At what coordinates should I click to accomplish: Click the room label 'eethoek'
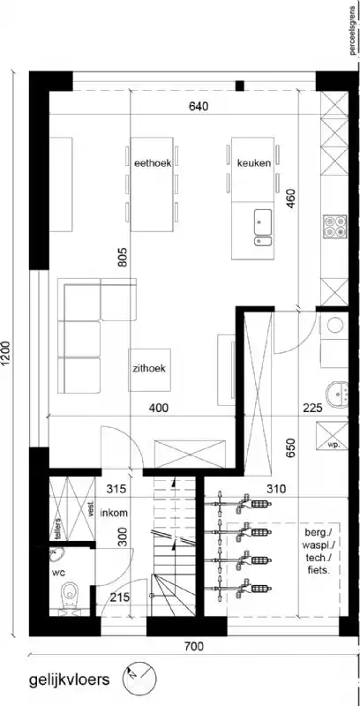(x=151, y=162)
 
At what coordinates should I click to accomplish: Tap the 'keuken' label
(x=253, y=162)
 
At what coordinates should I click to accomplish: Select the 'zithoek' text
(x=149, y=371)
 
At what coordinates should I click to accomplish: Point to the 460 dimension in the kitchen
(x=289, y=197)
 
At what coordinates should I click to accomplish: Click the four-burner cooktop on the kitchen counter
(x=334, y=227)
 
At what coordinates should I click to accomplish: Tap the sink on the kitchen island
(x=263, y=218)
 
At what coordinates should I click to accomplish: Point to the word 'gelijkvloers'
(x=69, y=680)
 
